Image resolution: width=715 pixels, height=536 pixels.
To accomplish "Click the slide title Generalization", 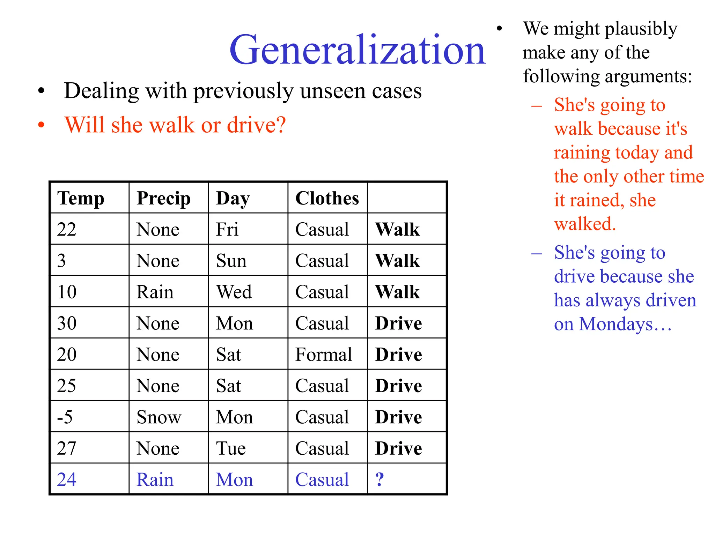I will (x=357, y=50).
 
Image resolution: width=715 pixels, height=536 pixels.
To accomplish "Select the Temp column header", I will (x=81, y=198).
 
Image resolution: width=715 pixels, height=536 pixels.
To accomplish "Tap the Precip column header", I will (x=163, y=198).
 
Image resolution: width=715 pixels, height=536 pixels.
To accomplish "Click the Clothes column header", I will (x=327, y=198).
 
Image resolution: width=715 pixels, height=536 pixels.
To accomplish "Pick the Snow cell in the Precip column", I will (x=159, y=417).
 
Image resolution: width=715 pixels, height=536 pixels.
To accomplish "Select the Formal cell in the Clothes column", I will (x=324, y=355).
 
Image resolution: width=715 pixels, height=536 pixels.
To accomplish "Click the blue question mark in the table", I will (x=379, y=479).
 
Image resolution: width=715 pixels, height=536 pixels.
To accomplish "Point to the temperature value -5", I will (x=65, y=417).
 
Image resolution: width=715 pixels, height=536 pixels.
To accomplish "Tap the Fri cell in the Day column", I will (x=227, y=230).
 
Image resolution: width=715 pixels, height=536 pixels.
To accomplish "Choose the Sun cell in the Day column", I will (x=231, y=261).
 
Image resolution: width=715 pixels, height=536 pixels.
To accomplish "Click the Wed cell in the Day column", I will (x=234, y=292).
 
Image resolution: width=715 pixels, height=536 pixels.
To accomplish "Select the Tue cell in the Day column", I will (x=231, y=448).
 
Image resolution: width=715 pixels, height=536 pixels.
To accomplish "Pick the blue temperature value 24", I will (x=67, y=479).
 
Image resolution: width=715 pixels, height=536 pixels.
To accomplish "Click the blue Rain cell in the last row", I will (x=155, y=479).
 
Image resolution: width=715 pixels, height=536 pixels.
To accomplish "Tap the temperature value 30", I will (x=67, y=323).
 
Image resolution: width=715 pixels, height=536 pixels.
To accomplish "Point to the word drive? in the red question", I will (x=256, y=125).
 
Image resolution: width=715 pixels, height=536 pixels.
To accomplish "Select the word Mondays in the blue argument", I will (x=616, y=325).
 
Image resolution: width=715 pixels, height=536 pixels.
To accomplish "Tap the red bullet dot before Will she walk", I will (x=41, y=125).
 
